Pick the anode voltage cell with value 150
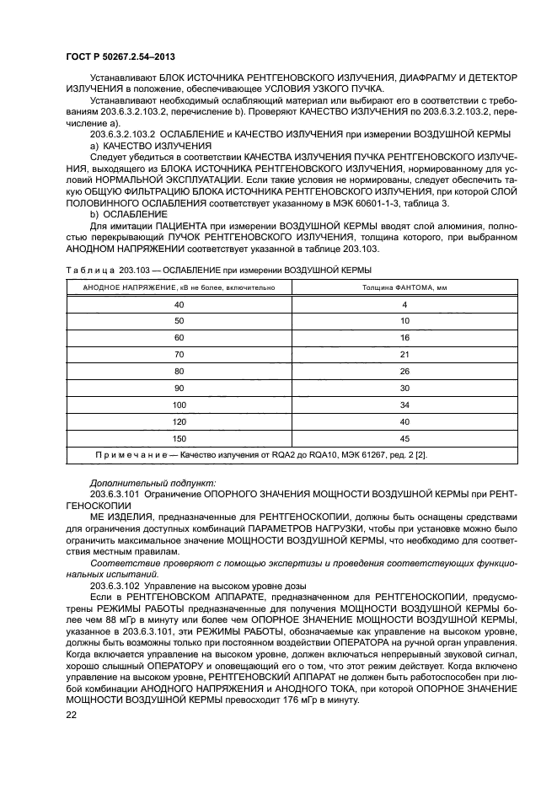click(179, 438)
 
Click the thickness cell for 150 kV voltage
click(404, 438)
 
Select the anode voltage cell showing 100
click(179, 405)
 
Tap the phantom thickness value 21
click(404, 354)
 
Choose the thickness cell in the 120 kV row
click(404, 421)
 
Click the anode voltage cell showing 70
click(179, 354)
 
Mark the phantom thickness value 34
click(404, 405)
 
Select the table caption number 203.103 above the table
click(125, 270)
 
